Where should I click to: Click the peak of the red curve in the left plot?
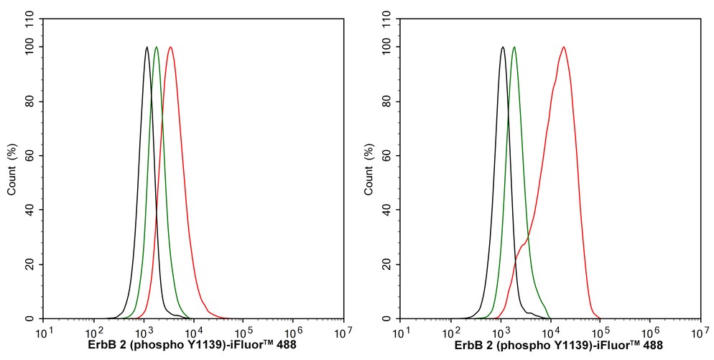(x=170, y=47)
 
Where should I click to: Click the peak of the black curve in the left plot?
(x=147, y=47)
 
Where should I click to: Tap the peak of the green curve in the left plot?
(x=157, y=47)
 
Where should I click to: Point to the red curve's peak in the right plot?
(x=564, y=47)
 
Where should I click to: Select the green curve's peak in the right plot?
(x=514, y=47)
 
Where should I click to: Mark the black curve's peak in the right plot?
(x=503, y=47)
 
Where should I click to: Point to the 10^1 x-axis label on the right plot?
(x=402, y=332)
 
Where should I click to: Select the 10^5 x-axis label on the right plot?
(x=601, y=332)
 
